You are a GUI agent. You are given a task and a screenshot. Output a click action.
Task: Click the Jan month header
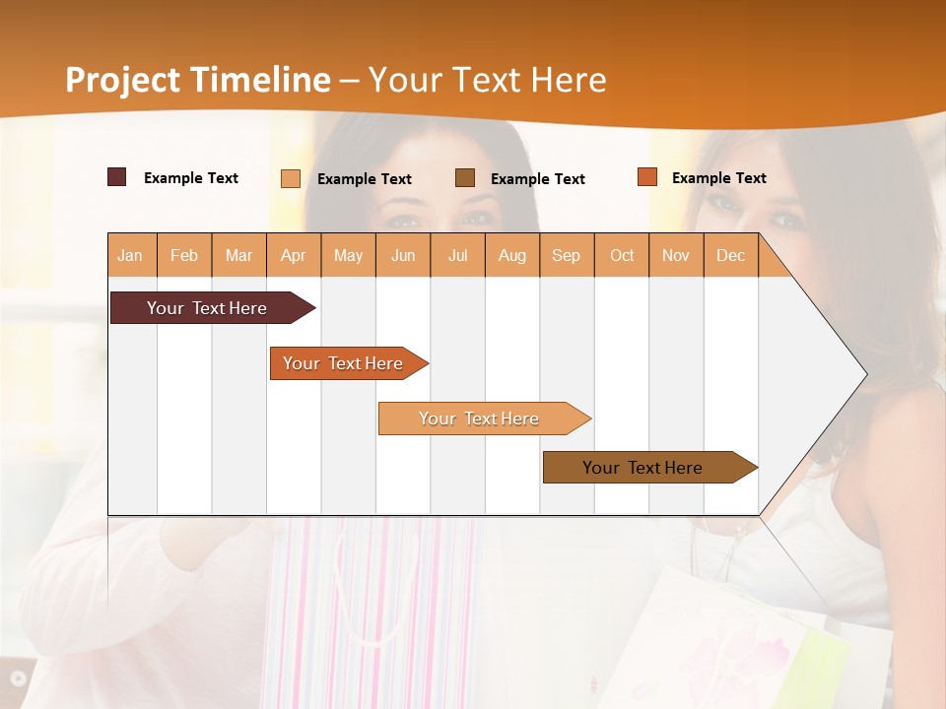131,255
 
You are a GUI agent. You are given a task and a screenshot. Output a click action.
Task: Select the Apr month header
294,255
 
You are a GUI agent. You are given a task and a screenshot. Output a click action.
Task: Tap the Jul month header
457,255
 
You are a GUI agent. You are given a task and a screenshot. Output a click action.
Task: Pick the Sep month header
566,255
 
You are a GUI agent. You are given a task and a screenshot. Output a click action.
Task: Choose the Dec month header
730,255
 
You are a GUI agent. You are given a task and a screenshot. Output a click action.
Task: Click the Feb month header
184,255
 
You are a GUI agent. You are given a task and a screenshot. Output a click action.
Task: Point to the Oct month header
622,255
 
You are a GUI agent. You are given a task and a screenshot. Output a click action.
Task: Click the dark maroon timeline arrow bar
207,308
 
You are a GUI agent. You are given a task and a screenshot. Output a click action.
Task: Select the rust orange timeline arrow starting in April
343,363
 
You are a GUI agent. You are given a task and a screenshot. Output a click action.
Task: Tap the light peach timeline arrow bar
479,419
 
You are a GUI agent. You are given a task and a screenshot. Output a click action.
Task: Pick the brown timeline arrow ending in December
642,468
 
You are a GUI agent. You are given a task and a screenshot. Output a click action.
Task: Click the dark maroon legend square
116,177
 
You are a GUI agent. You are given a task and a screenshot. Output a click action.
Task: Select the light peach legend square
291,178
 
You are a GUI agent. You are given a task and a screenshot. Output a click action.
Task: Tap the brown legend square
465,177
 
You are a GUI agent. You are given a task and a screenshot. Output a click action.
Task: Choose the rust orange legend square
646,177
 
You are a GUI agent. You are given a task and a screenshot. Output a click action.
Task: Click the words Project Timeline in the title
198,80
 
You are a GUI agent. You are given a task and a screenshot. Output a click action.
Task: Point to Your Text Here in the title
487,80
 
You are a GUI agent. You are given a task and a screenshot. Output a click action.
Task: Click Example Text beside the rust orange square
718,178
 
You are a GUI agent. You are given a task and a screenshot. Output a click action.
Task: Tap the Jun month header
403,255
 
